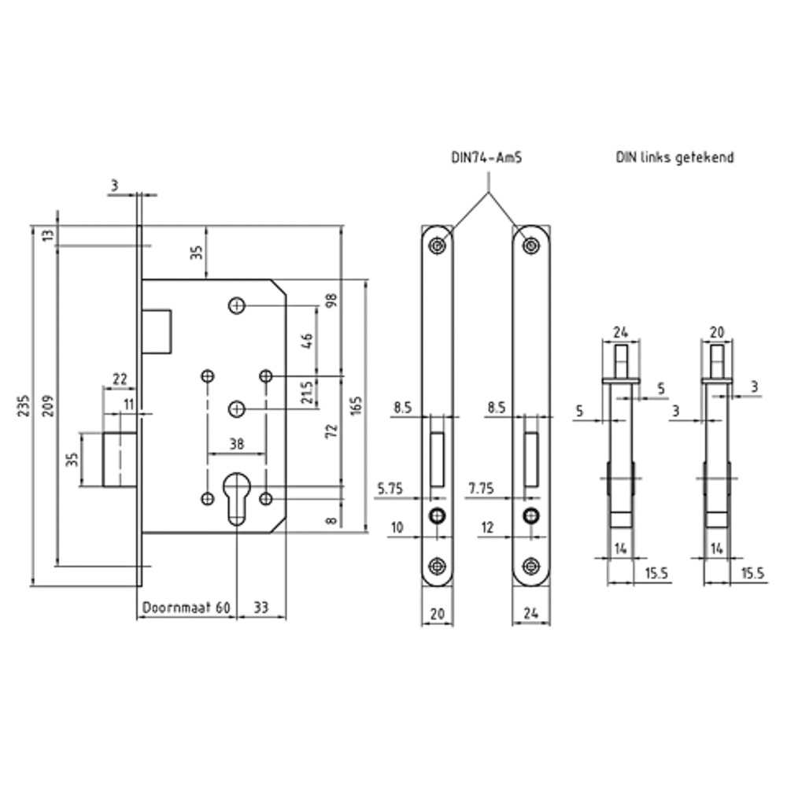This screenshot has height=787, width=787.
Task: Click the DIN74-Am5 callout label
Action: click(x=486, y=157)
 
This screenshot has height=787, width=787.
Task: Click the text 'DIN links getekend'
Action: click(x=674, y=157)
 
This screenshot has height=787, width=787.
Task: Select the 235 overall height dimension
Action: click(x=23, y=405)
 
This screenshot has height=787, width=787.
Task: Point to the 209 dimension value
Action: click(x=47, y=405)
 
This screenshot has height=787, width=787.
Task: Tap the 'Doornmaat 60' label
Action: click(x=187, y=608)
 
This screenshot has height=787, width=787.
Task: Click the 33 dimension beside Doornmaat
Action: click(x=260, y=608)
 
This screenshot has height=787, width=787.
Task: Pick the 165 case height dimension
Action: click(x=356, y=405)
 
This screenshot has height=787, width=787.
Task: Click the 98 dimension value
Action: click(x=332, y=300)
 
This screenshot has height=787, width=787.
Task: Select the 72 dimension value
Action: click(x=332, y=431)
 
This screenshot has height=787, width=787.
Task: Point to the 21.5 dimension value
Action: click(x=308, y=392)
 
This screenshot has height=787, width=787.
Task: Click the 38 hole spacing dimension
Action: click(x=236, y=444)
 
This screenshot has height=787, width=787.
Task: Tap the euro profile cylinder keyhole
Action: click(x=236, y=498)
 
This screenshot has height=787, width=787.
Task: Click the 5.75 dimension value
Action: click(x=390, y=488)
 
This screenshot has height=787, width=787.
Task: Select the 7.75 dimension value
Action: click(x=481, y=488)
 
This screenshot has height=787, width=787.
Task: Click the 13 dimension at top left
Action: click(x=47, y=235)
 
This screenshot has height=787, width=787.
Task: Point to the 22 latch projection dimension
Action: click(x=120, y=379)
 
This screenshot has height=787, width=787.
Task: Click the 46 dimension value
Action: click(x=308, y=341)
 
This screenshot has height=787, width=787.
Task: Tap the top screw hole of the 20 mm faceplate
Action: click(x=437, y=246)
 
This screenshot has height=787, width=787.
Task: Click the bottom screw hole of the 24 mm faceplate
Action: click(x=531, y=566)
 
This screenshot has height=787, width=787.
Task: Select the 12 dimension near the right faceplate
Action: click(x=487, y=527)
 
